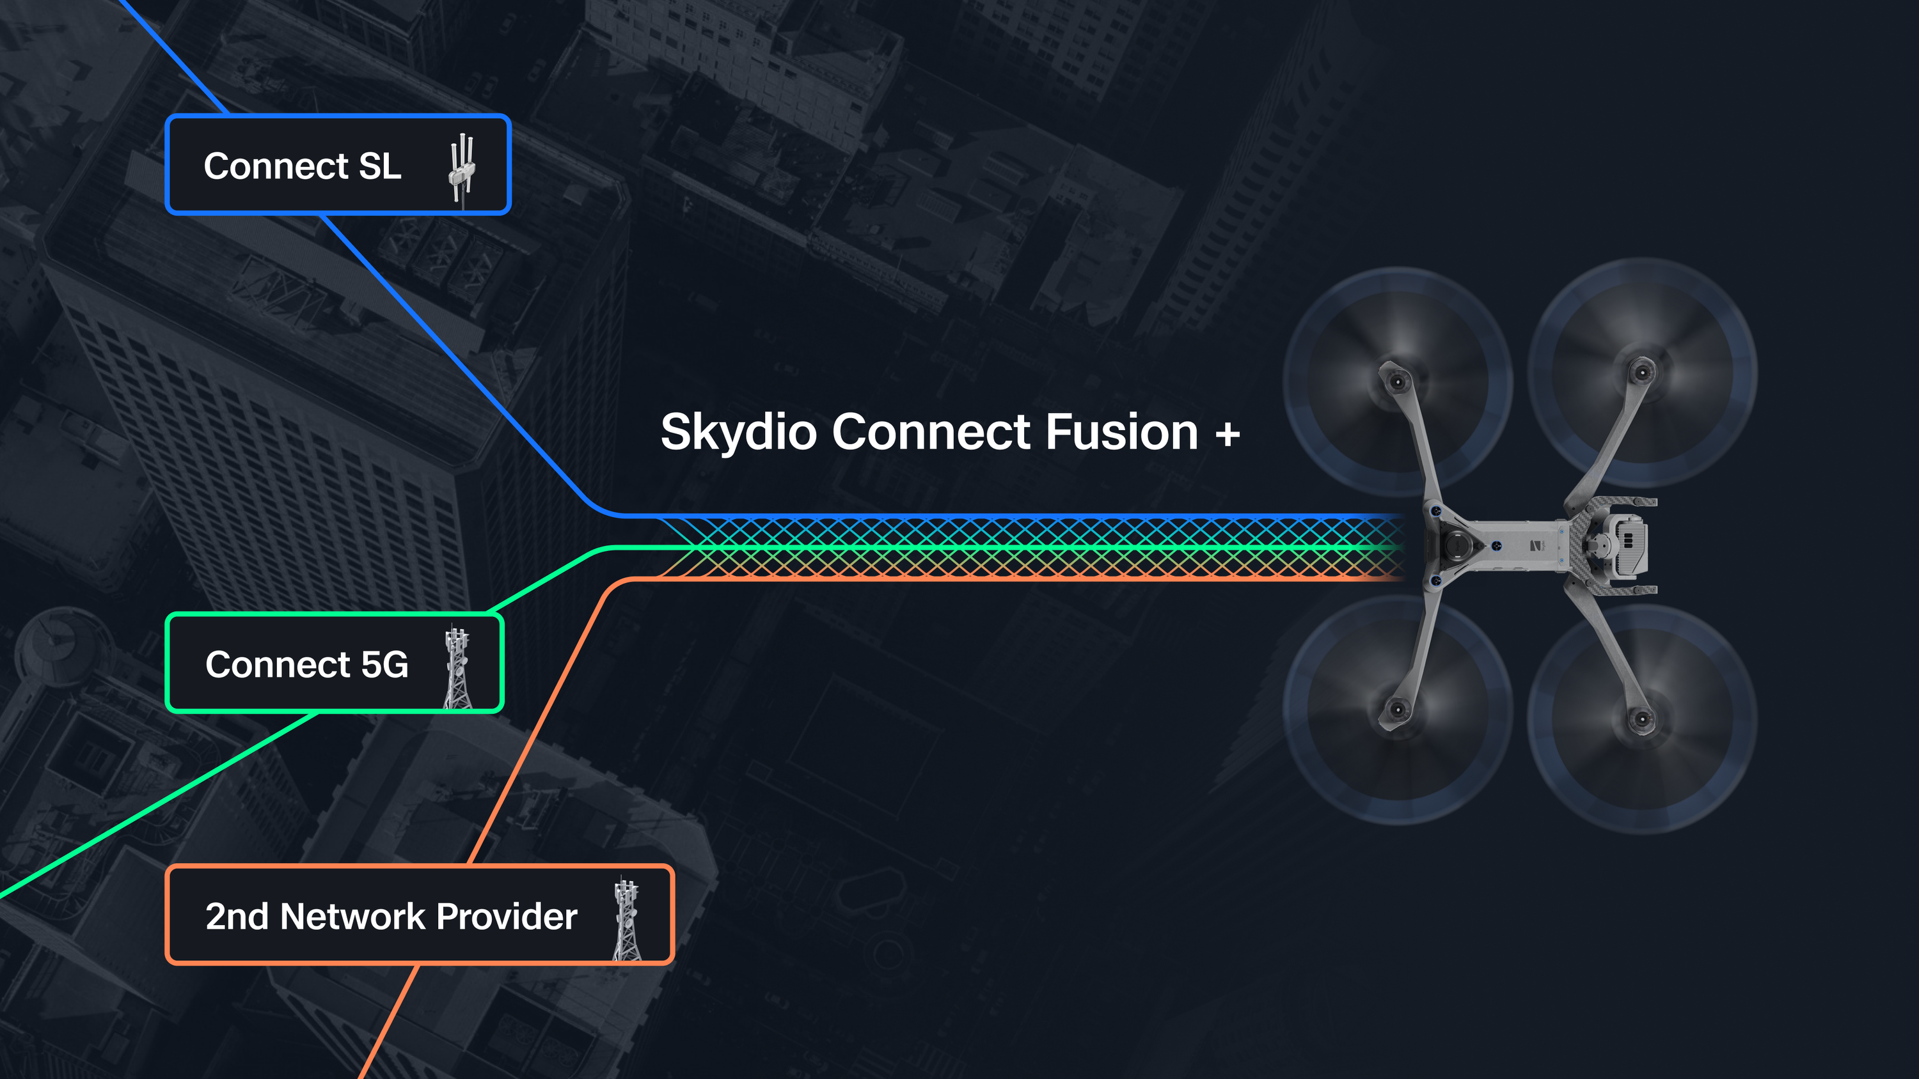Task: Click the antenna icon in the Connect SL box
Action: tap(462, 167)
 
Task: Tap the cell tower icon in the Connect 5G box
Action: tap(457, 667)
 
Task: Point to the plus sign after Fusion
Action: tap(1228, 433)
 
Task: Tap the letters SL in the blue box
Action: tap(380, 166)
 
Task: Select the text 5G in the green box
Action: tap(384, 664)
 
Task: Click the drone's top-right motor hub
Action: tap(1642, 370)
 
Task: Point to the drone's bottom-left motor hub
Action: tap(1398, 709)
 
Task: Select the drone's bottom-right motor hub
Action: tap(1642, 719)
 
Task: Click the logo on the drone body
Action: tap(1537, 546)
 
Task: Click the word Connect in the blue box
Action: tap(276, 166)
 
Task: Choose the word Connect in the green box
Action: tap(277, 664)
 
